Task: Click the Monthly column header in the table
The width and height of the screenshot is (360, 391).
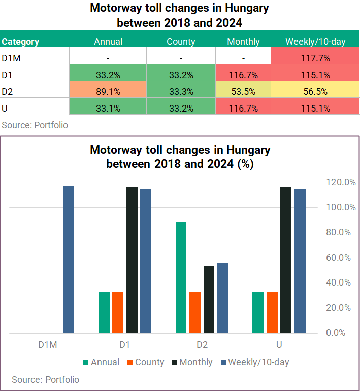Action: [x=243, y=42]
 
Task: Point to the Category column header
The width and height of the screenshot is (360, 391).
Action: [x=20, y=42]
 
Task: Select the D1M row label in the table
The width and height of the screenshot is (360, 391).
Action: [x=11, y=58]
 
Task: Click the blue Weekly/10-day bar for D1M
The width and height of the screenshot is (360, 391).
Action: [x=69, y=259]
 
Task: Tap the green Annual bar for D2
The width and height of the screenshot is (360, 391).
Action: [x=181, y=277]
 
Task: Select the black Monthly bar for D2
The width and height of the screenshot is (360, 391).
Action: [x=209, y=300]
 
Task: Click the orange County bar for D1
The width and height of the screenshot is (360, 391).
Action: [x=118, y=312]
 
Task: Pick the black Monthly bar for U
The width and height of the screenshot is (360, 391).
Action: [x=286, y=260]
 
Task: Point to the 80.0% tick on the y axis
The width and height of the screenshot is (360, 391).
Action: [x=338, y=232]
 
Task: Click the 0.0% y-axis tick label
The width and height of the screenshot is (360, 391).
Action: [x=336, y=333]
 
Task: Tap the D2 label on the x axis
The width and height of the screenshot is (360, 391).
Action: [x=202, y=345]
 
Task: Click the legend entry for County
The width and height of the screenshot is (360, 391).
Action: [x=146, y=362]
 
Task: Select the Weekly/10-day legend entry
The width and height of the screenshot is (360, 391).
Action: [x=255, y=362]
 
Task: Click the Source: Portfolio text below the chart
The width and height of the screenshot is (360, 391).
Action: [x=45, y=380]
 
